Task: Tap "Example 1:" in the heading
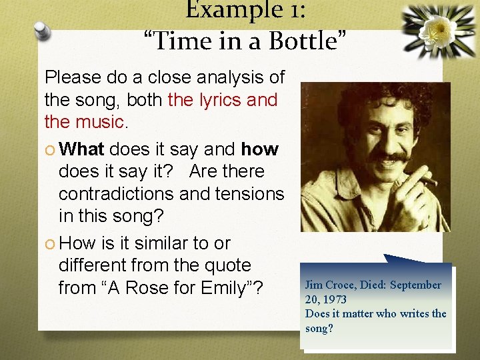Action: [247, 9]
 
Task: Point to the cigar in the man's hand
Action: [427, 179]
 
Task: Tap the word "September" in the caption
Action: [415, 285]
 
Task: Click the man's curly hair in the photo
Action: [373, 100]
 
